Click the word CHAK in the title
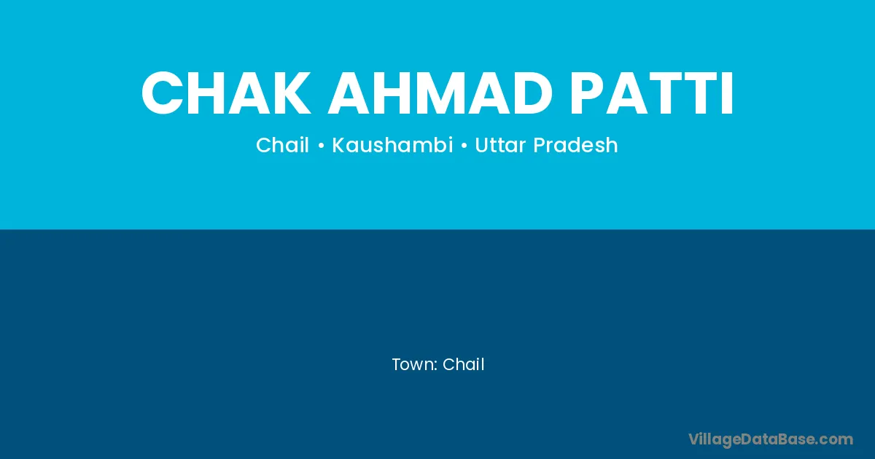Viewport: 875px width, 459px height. (226, 93)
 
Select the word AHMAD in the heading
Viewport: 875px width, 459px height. (439, 93)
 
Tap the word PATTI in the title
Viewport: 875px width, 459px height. (651, 93)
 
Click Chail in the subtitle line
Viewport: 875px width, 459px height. (282, 145)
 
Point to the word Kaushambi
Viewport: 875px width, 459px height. (392, 145)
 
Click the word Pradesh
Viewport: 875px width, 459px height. (575, 145)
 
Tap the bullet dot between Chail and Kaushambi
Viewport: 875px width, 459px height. (321, 146)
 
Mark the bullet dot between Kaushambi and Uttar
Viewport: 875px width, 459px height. (464, 146)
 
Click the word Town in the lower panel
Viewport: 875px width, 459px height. (413, 364)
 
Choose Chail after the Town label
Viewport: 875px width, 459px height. (463, 364)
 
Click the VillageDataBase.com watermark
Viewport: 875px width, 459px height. (770, 439)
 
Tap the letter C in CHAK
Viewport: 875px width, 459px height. (162, 93)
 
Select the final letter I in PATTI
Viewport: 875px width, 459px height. (728, 93)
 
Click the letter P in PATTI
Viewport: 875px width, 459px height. (587, 93)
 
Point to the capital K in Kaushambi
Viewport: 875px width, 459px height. (339, 145)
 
